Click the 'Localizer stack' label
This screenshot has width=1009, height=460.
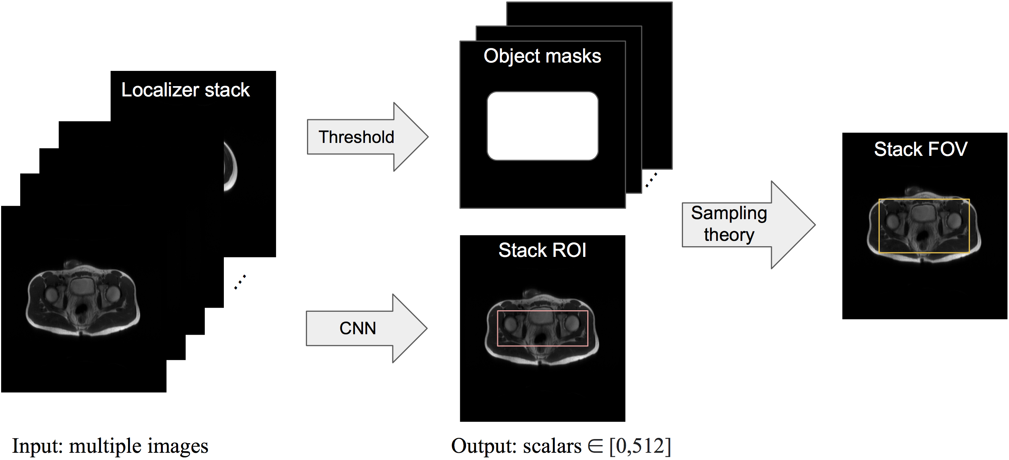pos(185,90)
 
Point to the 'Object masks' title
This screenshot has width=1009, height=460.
pos(542,56)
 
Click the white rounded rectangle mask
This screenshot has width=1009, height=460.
pos(543,126)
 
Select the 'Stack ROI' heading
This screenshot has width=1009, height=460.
pos(542,250)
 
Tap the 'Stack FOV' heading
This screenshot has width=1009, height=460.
pos(921,149)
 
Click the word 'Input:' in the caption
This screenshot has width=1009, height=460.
pos(38,446)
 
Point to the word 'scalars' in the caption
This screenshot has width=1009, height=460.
pos(552,446)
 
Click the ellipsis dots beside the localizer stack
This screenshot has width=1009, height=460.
pos(240,282)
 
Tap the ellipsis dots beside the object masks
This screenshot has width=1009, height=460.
pos(651,180)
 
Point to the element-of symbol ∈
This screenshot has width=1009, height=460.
pos(595,446)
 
